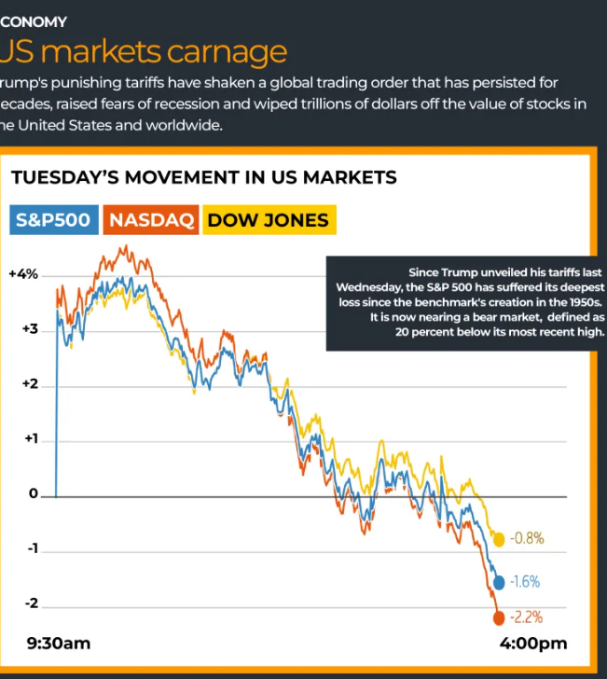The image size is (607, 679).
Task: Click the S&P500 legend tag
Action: pos(53,220)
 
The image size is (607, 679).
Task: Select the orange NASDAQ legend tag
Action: pos(151,220)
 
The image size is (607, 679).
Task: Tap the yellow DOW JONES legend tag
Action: pos(268,220)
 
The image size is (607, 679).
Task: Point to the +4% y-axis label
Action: pos(23,274)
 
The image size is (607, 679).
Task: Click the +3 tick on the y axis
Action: pos(29,329)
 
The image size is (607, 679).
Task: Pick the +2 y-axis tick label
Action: pos(29,384)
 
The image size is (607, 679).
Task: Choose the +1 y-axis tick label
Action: pos(29,439)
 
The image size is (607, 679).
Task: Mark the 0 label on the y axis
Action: pos(33,494)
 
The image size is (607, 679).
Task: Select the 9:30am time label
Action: pos(59,644)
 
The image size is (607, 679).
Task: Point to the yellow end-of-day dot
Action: pos(499,539)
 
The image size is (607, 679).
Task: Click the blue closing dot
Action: pos(499,582)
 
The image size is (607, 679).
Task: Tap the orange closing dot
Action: pos(499,617)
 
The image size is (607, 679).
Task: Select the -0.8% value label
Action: pos(527,539)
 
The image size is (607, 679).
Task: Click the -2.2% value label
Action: pos(527,617)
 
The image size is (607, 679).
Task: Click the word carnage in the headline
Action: pos(220,51)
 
